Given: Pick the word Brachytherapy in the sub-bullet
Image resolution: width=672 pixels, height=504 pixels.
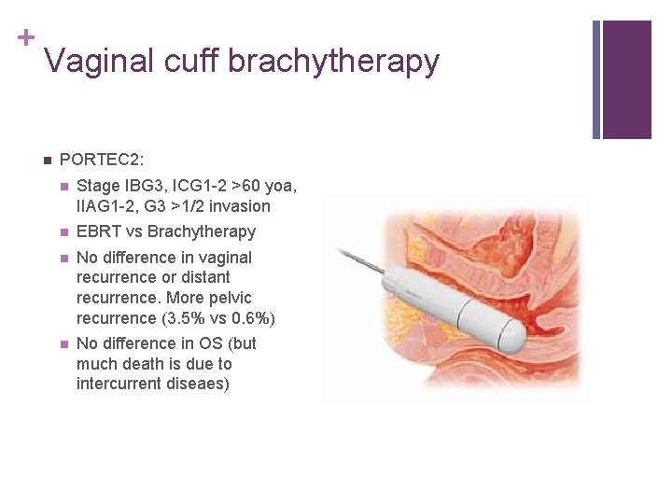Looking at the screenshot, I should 202,231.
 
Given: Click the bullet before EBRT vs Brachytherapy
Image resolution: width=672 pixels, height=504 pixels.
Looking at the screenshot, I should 63,232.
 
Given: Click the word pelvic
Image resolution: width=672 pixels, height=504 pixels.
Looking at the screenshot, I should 230,298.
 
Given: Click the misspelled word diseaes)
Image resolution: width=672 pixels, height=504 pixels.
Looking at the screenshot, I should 195,384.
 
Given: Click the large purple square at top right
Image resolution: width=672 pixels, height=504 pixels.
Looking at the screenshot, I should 626,79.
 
